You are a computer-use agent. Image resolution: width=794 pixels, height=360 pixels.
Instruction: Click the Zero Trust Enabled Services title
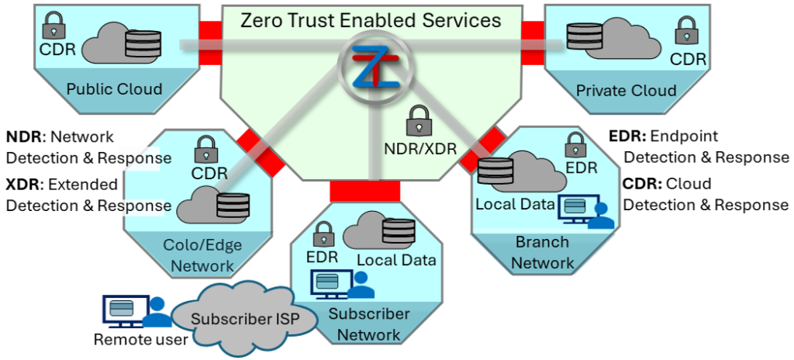coord(371,20)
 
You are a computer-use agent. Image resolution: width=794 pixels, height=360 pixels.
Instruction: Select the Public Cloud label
coord(115,88)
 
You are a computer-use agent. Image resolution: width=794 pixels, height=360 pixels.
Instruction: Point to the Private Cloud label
coord(626,90)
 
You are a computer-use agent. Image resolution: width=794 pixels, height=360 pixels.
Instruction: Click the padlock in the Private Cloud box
coord(687,31)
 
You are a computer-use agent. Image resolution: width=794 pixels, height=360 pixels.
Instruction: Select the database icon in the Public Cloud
coord(143,44)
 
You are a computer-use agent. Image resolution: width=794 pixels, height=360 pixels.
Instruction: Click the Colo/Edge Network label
coord(202,256)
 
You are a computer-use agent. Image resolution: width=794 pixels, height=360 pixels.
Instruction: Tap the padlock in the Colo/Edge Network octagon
coord(205,148)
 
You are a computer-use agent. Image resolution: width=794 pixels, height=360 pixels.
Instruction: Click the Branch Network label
coord(542,252)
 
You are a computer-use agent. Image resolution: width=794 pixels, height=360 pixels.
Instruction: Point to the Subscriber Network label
coord(368,324)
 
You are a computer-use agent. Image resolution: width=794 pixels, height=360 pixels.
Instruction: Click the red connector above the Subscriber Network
coord(365,191)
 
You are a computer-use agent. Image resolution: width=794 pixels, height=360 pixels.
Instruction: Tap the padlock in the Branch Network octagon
coord(575,144)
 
